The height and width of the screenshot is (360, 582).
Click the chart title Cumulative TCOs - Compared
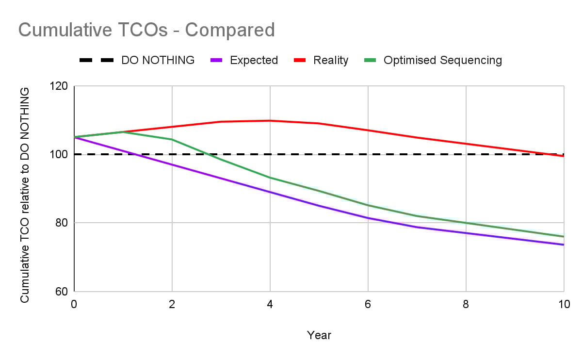[146, 30]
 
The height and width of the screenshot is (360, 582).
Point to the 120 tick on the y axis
[60, 86]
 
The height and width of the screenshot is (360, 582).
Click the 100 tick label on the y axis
[60, 154]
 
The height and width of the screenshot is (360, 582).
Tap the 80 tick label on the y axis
[62, 223]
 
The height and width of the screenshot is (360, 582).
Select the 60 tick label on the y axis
[62, 292]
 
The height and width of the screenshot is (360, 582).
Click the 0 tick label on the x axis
[74, 304]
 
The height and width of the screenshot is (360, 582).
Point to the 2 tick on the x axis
[172, 304]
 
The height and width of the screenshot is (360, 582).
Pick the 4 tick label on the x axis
[270, 304]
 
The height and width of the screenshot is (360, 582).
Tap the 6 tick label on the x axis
[368, 304]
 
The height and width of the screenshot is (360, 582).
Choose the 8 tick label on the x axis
[466, 304]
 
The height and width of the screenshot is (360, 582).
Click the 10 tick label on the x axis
[564, 304]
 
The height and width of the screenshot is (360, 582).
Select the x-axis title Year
[319, 335]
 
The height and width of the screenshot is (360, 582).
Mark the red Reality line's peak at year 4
[270, 120]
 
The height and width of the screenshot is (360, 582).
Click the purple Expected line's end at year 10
[564, 245]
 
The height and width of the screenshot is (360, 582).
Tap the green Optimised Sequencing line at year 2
[172, 139]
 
